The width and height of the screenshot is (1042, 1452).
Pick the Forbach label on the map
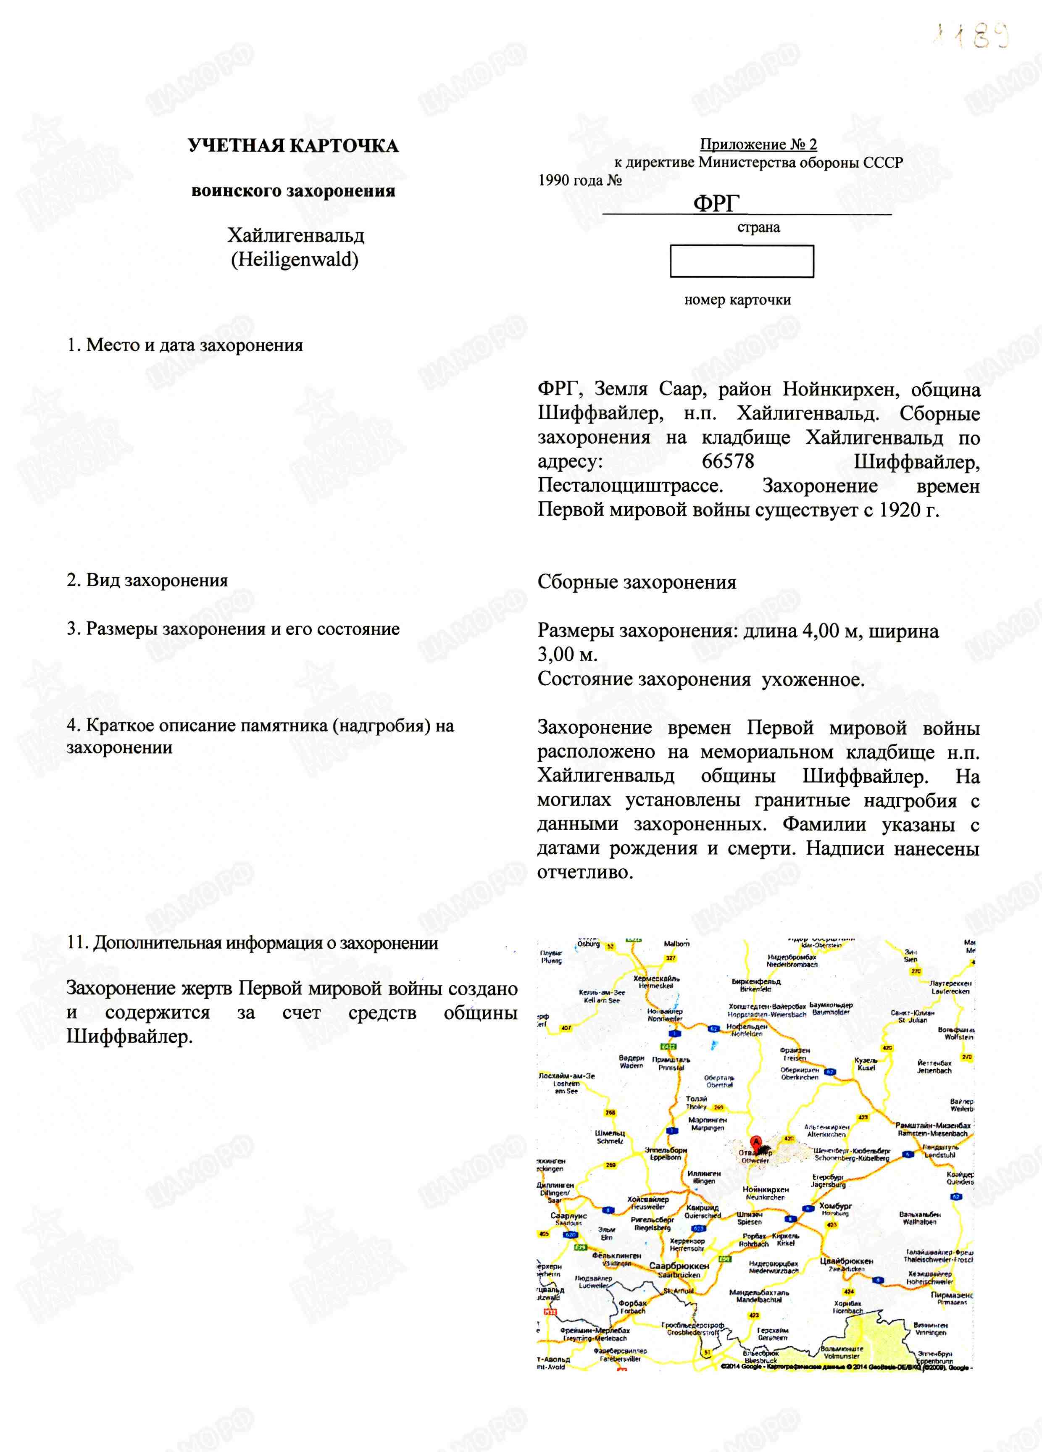(x=632, y=1307)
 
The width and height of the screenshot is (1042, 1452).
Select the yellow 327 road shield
(x=670, y=958)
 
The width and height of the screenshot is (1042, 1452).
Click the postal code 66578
(x=728, y=462)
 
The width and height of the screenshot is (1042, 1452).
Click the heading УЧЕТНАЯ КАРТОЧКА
(x=293, y=146)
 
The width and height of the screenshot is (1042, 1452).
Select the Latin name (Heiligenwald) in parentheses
(x=295, y=259)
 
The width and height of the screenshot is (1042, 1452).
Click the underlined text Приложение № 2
(x=758, y=144)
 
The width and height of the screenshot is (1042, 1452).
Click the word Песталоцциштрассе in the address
(x=630, y=486)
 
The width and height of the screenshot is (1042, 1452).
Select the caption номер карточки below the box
(x=737, y=300)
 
